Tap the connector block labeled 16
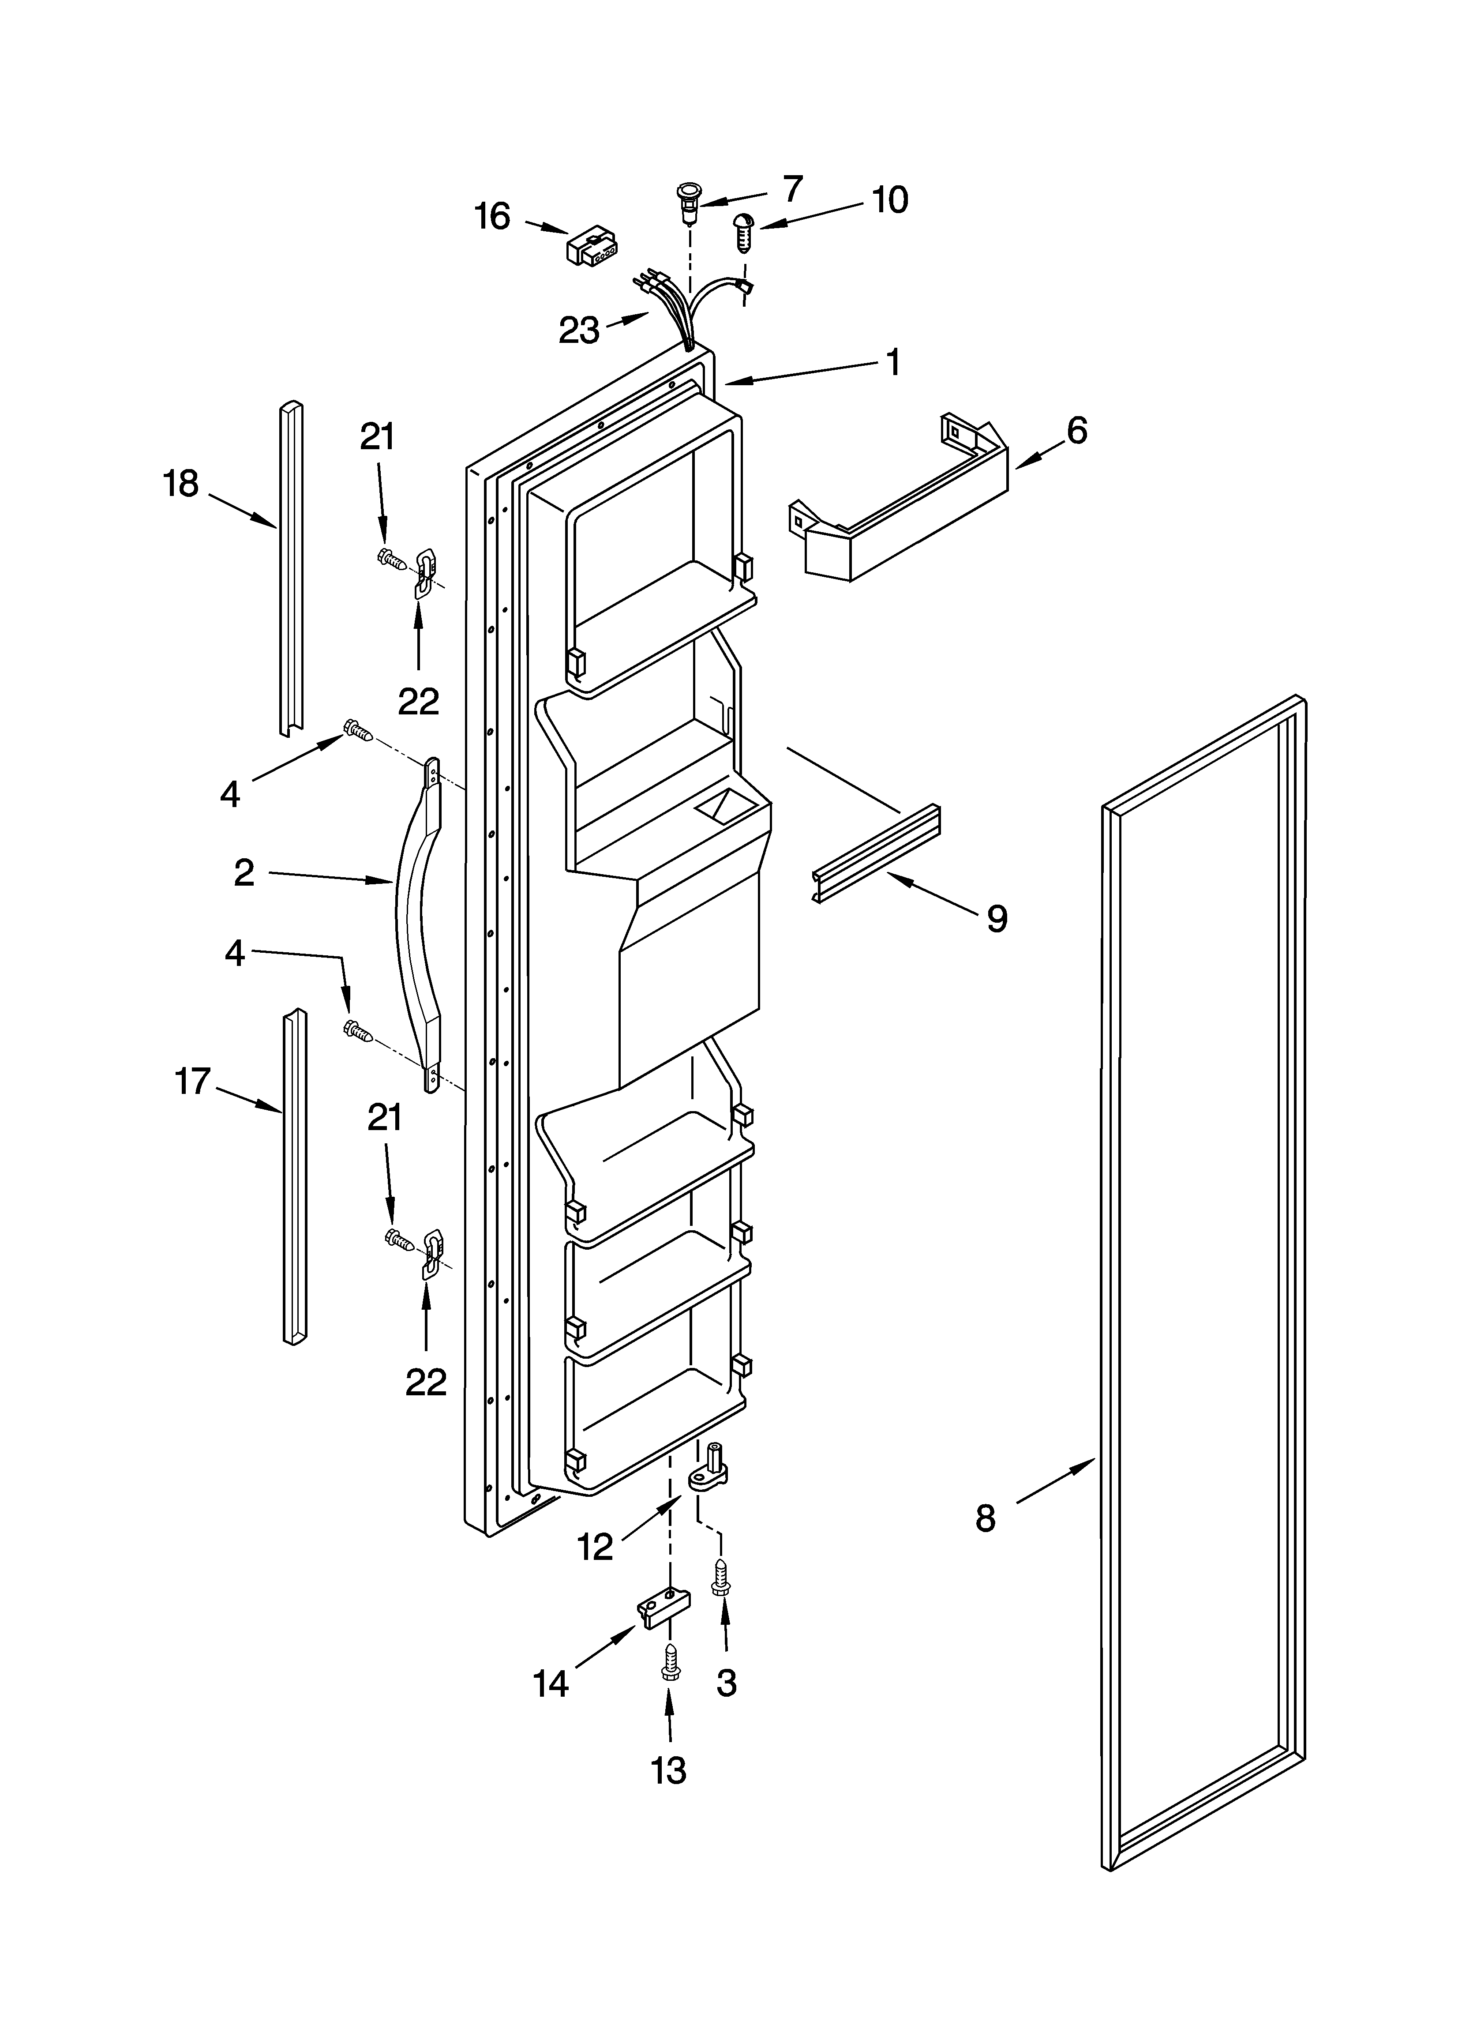590,245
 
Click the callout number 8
986,1519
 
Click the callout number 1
892,362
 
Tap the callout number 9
997,918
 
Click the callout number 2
244,872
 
